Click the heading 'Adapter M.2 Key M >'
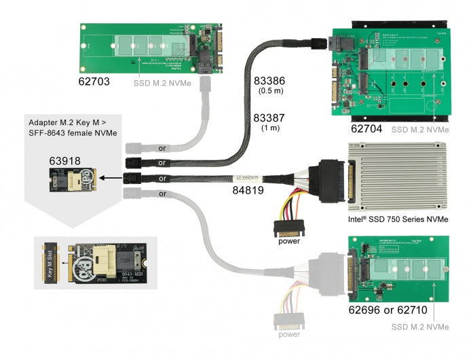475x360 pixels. point(69,124)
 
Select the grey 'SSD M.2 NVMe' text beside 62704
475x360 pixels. point(419,128)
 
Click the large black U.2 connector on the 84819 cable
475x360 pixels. point(330,180)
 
